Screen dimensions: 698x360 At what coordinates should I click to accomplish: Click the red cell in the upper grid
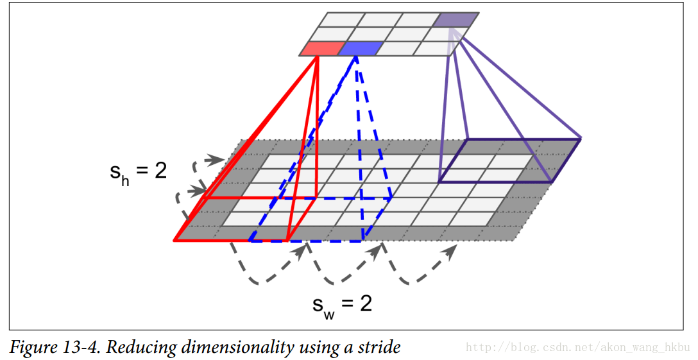click(x=322, y=49)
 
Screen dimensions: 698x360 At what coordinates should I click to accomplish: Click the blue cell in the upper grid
click(x=360, y=49)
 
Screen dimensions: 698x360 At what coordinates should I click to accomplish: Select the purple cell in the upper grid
click(x=456, y=20)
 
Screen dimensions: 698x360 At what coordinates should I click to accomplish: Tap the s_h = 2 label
click(x=138, y=173)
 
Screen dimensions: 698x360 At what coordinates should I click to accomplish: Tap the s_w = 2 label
click(x=342, y=307)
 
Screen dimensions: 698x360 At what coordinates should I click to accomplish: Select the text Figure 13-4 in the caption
click(x=55, y=348)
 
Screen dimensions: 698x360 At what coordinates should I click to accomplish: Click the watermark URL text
click(x=577, y=348)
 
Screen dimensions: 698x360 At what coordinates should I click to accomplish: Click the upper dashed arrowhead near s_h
click(x=217, y=159)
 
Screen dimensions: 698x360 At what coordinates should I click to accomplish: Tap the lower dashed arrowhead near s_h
click(x=198, y=191)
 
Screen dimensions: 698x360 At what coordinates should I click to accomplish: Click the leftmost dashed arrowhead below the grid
click(x=300, y=251)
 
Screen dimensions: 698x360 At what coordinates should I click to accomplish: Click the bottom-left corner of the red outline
click(x=174, y=241)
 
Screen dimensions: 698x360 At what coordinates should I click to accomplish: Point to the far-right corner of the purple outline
click(x=581, y=139)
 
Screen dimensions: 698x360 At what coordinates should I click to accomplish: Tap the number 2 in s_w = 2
click(x=366, y=304)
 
